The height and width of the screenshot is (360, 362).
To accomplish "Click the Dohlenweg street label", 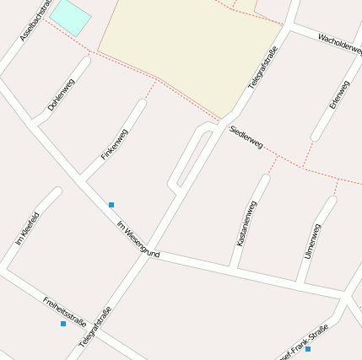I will [x=62, y=94].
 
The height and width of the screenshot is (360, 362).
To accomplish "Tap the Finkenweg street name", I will [x=114, y=144].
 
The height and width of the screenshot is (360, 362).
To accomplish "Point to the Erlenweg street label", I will [x=339, y=94].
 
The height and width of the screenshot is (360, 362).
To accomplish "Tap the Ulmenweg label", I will [x=311, y=241].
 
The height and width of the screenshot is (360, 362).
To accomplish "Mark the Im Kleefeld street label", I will [x=27, y=228].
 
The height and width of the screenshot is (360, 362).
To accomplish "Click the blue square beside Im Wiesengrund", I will [x=111, y=205].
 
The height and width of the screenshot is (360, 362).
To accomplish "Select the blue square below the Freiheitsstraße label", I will [x=63, y=324].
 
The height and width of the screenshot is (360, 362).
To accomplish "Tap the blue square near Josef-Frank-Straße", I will [x=308, y=349].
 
